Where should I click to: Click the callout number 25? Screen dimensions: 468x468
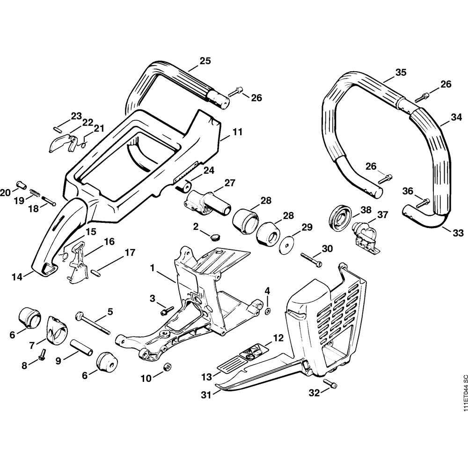(x=205, y=60)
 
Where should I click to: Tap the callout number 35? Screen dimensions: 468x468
(x=401, y=72)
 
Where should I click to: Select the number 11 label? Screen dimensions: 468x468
(x=237, y=132)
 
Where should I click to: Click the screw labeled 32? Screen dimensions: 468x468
(x=332, y=385)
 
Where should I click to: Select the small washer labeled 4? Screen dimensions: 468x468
(x=267, y=312)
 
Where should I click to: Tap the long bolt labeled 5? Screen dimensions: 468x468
(x=94, y=323)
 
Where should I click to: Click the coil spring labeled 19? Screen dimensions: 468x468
(x=34, y=192)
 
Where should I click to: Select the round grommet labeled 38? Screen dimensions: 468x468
(x=340, y=217)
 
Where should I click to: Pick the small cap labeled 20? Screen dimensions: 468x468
(x=21, y=184)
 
